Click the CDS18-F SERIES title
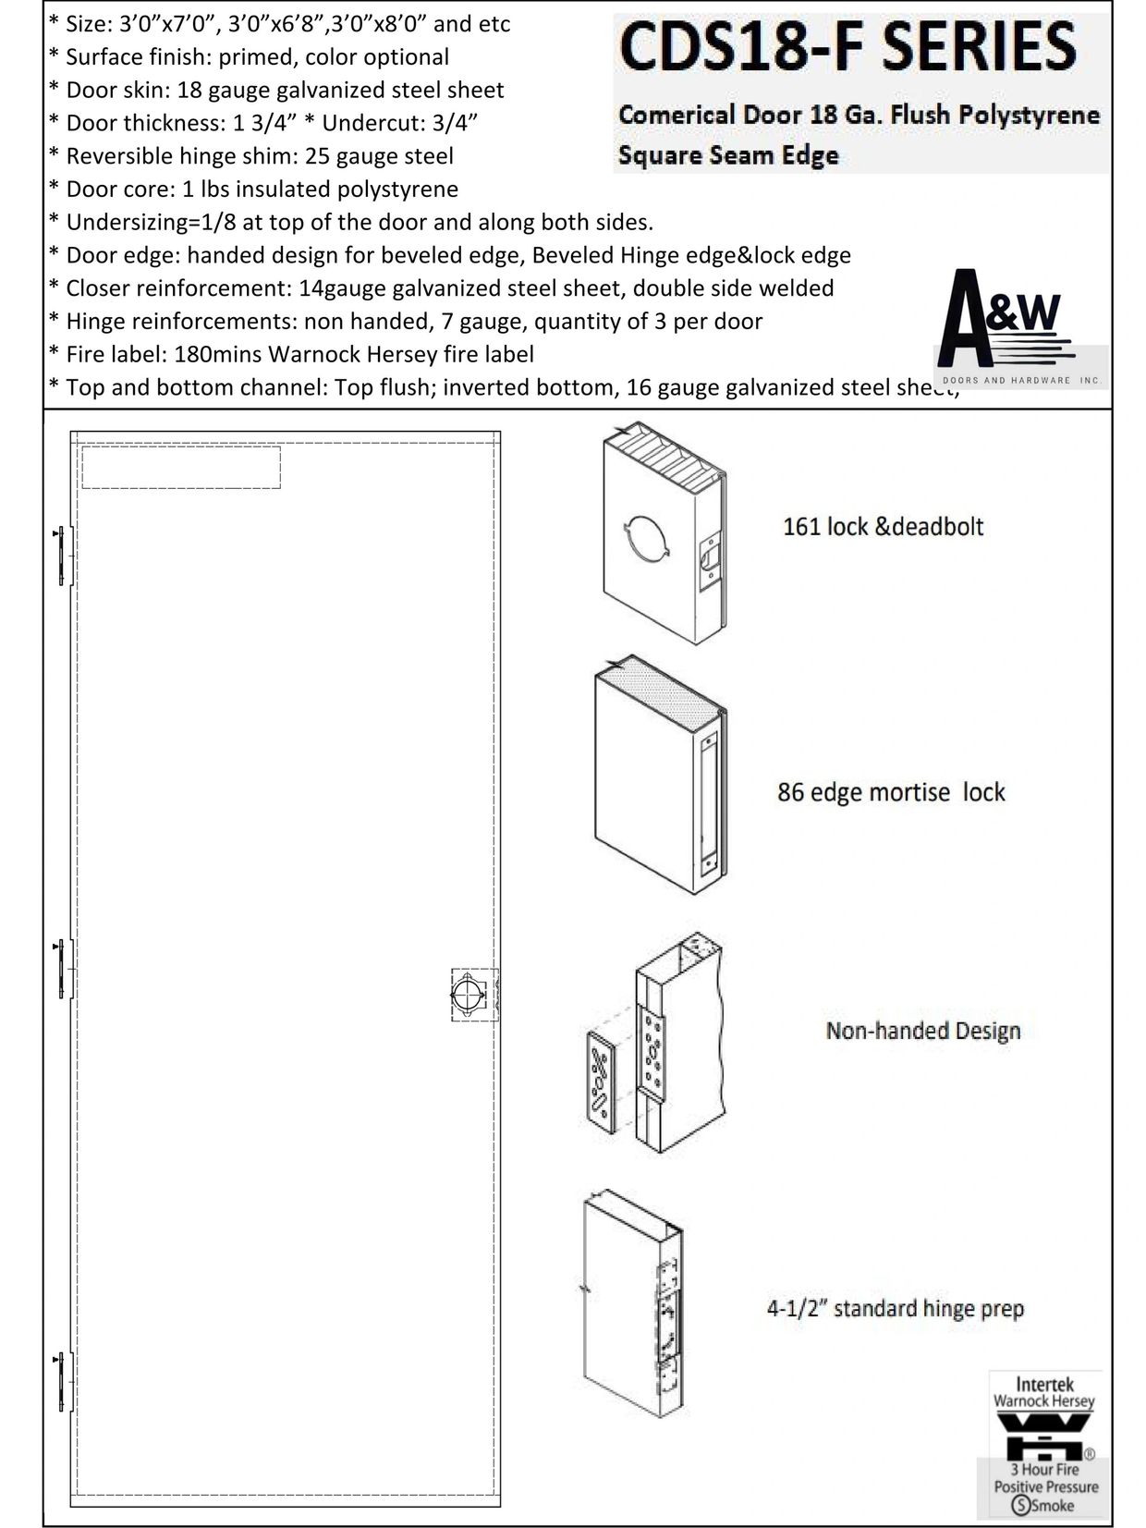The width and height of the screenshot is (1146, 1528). point(848,48)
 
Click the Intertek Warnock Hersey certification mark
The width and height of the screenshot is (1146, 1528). point(1044,1442)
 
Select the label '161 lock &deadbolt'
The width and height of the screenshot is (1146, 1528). point(883,527)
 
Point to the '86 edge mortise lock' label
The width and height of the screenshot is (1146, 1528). point(891,792)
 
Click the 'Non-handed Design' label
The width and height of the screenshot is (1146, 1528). point(922,1031)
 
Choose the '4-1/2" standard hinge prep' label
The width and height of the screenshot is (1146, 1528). point(895,1309)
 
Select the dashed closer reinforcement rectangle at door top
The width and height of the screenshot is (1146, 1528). point(181,468)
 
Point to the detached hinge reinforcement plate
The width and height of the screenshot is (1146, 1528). point(600,1079)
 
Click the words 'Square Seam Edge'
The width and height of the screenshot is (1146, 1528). point(728,155)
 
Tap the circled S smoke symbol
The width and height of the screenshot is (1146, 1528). point(1021,1505)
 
